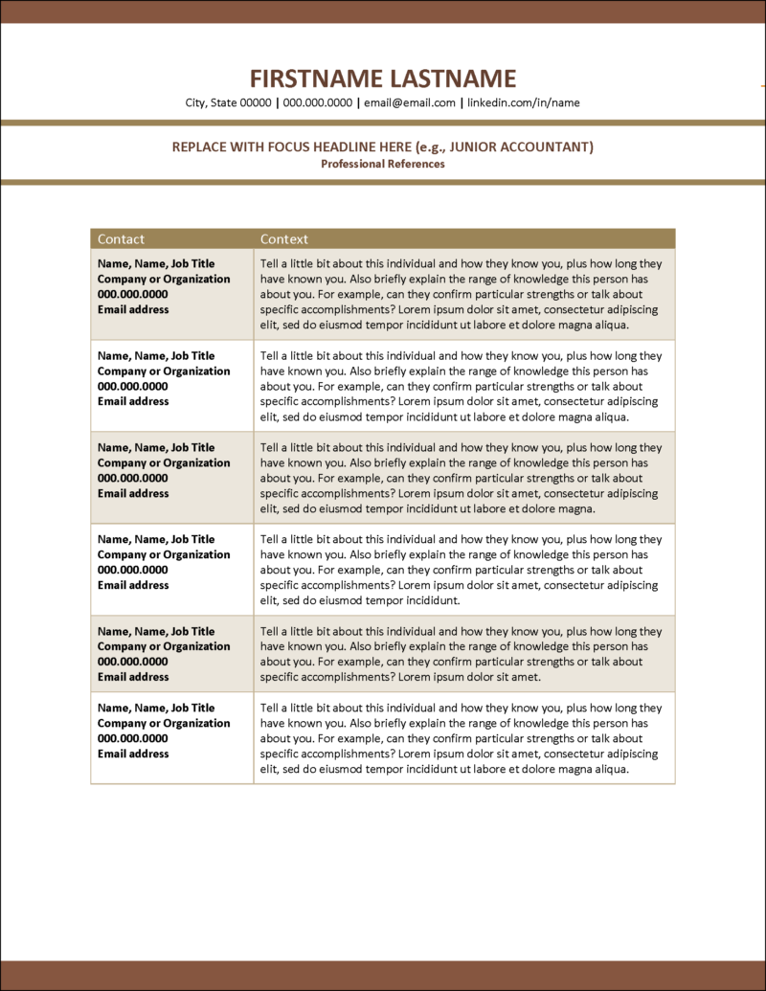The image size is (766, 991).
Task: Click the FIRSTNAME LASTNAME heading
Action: [383, 79]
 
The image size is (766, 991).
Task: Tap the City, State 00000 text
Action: [229, 102]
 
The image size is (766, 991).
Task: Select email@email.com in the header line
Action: [410, 102]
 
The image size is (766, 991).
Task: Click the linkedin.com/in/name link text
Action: [523, 102]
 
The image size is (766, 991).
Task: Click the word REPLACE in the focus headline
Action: [198, 146]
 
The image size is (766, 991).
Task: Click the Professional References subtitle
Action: [383, 164]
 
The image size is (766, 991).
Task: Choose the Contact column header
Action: [122, 238]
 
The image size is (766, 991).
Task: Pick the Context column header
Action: [284, 238]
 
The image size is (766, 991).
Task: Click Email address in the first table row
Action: [133, 309]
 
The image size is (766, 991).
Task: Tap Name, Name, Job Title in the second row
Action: [156, 355]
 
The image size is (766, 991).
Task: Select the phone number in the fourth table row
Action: [132, 570]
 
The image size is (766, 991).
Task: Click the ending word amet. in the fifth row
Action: [525, 677]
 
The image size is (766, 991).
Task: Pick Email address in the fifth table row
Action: [133, 677]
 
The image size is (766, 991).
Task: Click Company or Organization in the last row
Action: [164, 723]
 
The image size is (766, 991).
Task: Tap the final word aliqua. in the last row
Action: [611, 769]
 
